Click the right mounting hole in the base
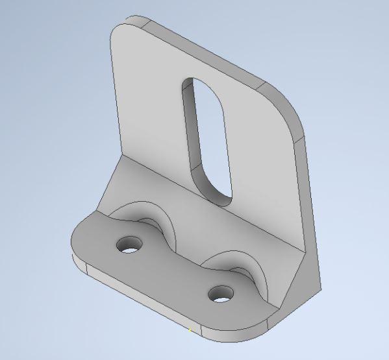tap(221, 294)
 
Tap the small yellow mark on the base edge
tap(190, 331)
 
